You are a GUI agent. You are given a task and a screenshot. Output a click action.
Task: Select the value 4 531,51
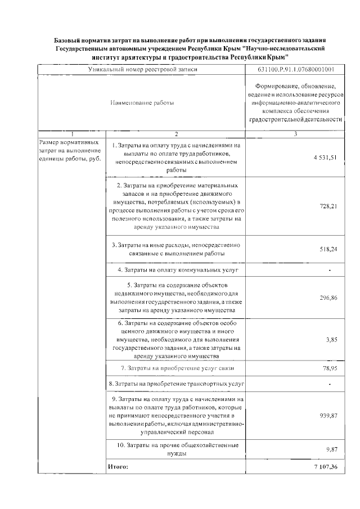click(x=325, y=157)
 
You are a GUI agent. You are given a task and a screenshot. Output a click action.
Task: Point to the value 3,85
click(x=331, y=340)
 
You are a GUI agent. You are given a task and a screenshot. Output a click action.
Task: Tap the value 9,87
click(x=331, y=449)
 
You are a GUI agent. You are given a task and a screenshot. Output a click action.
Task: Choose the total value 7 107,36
click(x=326, y=467)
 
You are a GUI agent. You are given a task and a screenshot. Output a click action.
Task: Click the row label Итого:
click(x=118, y=467)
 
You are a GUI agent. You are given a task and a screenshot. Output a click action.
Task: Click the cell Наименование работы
click(x=141, y=103)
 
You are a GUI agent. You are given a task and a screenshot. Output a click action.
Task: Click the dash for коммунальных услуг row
click(x=330, y=271)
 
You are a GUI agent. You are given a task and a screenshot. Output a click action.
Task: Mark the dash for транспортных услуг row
click(x=330, y=384)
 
